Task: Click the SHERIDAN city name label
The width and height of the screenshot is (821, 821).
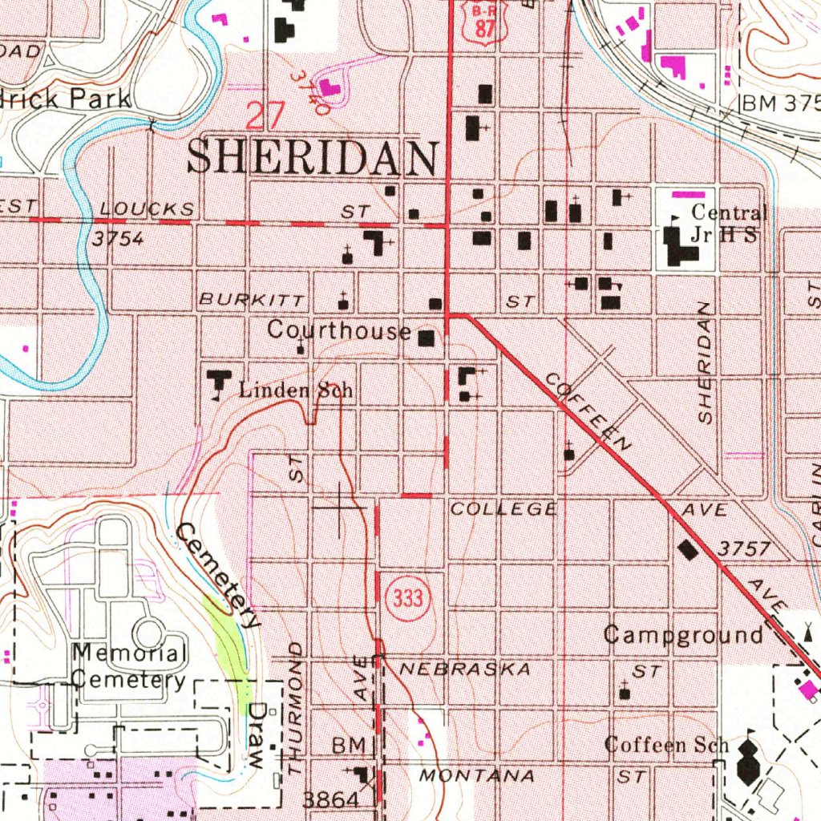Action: (313, 158)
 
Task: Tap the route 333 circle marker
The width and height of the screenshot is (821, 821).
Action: (402, 598)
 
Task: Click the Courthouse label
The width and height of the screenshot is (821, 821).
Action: (338, 330)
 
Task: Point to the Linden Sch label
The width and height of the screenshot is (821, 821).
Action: (296, 391)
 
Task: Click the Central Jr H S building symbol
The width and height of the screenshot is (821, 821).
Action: (681, 248)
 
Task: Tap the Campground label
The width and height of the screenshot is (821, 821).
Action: (682, 636)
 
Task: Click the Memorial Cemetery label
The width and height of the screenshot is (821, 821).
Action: (128, 666)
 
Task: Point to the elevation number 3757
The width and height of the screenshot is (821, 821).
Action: (743, 549)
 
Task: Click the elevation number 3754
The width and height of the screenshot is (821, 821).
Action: (117, 239)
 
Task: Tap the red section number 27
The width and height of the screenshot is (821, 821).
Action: (265, 116)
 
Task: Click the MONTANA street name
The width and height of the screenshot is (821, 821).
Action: (476, 776)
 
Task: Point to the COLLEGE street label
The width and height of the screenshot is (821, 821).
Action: (503, 509)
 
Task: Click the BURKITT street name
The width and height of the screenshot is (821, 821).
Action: (252, 301)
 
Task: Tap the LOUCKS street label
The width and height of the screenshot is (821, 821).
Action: (148, 210)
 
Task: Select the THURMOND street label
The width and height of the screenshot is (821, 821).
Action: (295, 707)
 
